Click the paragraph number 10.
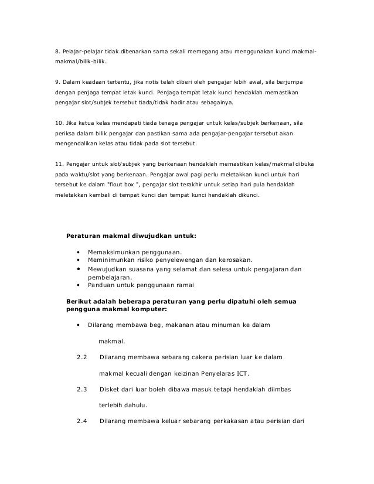click(x=52, y=123)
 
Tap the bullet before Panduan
click(x=78, y=286)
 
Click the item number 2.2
click(x=81, y=357)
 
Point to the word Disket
click(x=111, y=389)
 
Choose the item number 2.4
click(x=81, y=421)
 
